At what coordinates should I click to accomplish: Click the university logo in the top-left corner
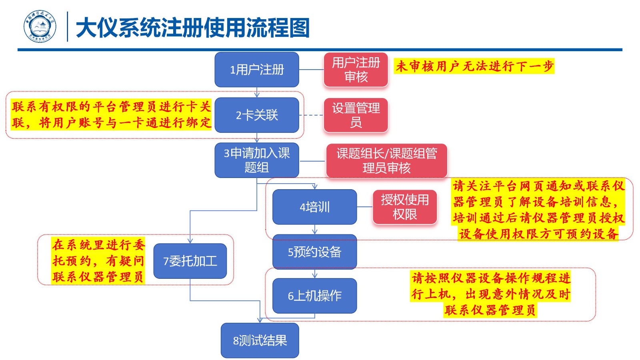click(x=40, y=27)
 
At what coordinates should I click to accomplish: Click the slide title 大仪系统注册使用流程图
click(x=192, y=28)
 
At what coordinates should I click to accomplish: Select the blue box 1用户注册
click(x=257, y=70)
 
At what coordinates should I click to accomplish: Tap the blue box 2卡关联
click(x=257, y=115)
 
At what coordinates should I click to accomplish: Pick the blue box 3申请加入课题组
click(x=257, y=160)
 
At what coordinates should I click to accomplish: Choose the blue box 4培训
click(x=314, y=207)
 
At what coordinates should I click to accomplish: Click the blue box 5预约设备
click(x=314, y=252)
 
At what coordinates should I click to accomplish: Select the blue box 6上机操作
click(x=314, y=296)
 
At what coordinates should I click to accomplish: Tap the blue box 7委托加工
click(x=190, y=261)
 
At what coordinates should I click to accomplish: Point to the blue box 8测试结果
click(x=260, y=340)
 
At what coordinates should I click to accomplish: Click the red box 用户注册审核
click(x=356, y=70)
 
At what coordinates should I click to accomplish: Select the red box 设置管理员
click(x=356, y=115)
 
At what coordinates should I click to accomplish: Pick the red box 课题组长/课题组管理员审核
click(x=386, y=160)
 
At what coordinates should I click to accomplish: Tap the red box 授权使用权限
click(x=404, y=207)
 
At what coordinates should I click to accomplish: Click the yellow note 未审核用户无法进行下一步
click(x=474, y=66)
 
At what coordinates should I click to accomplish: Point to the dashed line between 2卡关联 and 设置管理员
click(x=311, y=115)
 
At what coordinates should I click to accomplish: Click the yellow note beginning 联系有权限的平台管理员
click(x=111, y=114)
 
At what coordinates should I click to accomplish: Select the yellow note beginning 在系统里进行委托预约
click(x=98, y=260)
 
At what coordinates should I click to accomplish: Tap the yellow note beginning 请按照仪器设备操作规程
click(x=491, y=294)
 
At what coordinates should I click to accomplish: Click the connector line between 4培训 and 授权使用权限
click(x=364, y=207)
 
